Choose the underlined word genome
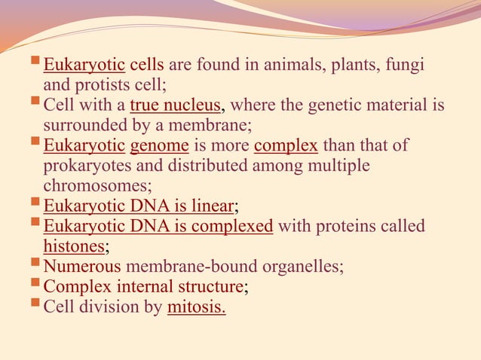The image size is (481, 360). click(154, 144)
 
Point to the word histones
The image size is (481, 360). click(74, 245)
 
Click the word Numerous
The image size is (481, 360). click(82, 266)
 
